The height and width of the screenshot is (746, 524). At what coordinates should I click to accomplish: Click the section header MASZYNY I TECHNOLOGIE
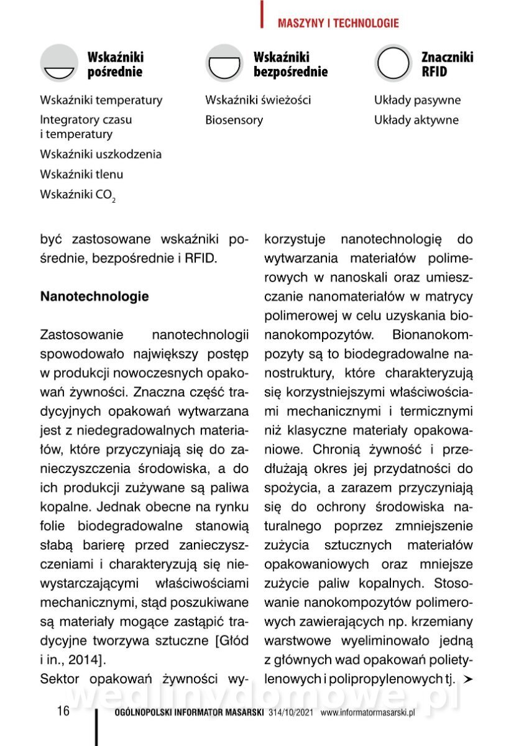(x=338, y=24)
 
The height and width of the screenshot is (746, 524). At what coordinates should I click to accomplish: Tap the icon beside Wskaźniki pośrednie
(x=59, y=63)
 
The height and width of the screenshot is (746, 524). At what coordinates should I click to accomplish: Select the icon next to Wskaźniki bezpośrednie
(x=224, y=63)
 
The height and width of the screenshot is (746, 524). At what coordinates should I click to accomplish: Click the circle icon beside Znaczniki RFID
(x=393, y=63)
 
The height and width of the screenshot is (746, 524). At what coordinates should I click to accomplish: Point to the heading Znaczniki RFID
(x=447, y=64)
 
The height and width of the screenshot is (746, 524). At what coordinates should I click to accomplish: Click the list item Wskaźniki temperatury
(x=101, y=100)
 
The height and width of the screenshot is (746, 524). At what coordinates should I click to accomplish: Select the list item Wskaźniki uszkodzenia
(x=101, y=154)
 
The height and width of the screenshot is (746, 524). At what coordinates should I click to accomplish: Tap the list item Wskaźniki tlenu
(x=81, y=175)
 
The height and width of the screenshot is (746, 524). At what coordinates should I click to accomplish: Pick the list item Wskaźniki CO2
(x=78, y=195)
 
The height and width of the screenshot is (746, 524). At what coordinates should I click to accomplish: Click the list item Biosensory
(x=234, y=120)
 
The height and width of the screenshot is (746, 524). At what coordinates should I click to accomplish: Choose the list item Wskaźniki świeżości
(x=258, y=100)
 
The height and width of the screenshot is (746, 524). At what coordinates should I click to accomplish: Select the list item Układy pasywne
(x=418, y=100)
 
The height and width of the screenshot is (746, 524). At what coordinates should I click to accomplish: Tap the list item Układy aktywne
(x=416, y=120)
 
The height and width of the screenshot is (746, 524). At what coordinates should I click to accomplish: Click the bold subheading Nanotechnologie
(x=94, y=297)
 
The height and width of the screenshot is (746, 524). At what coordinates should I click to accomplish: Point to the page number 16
(x=63, y=711)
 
